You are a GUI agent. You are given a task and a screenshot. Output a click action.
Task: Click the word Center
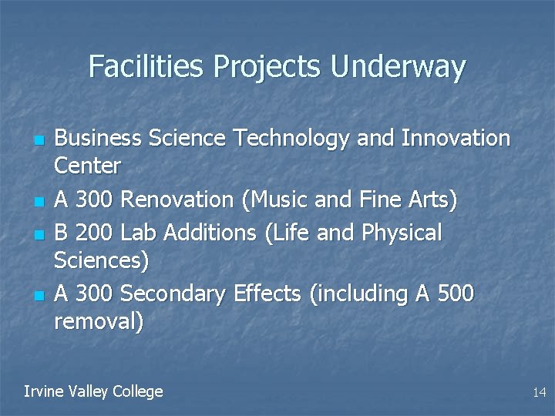click(x=88, y=166)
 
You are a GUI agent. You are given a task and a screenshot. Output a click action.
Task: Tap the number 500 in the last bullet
click(x=454, y=294)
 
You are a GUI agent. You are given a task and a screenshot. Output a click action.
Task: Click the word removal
click(x=98, y=321)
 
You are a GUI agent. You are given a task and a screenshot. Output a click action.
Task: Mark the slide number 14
click(x=539, y=393)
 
